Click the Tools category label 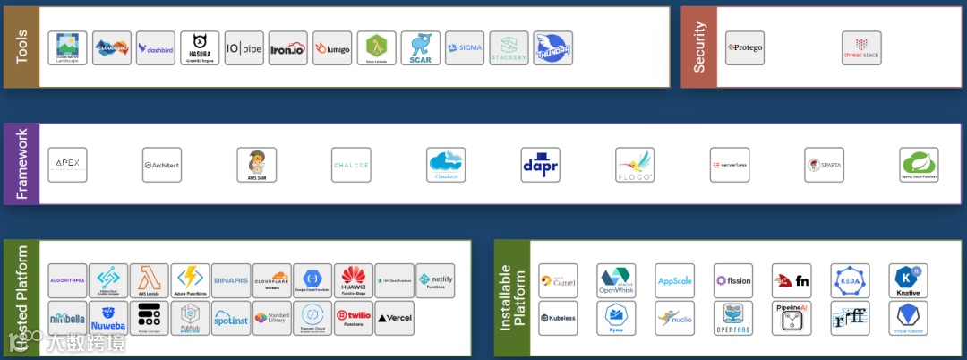pyautogui.click(x=21, y=47)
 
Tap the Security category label pyautogui.click(x=699, y=47)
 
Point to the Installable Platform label pyautogui.click(x=512, y=297)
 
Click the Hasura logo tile pyautogui.click(x=200, y=48)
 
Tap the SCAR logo pyautogui.click(x=420, y=48)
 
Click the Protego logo pyautogui.click(x=745, y=48)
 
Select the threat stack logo pyautogui.click(x=860, y=48)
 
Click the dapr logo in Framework pyautogui.click(x=540, y=165)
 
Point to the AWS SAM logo pyautogui.click(x=256, y=165)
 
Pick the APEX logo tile pyautogui.click(x=67, y=165)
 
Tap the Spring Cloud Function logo pyautogui.click(x=919, y=165)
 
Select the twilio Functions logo pyautogui.click(x=353, y=317)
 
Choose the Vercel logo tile pyautogui.click(x=394, y=317)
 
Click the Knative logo pyautogui.click(x=908, y=280)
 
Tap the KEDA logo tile pyautogui.click(x=850, y=280)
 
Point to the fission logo pyautogui.click(x=732, y=280)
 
